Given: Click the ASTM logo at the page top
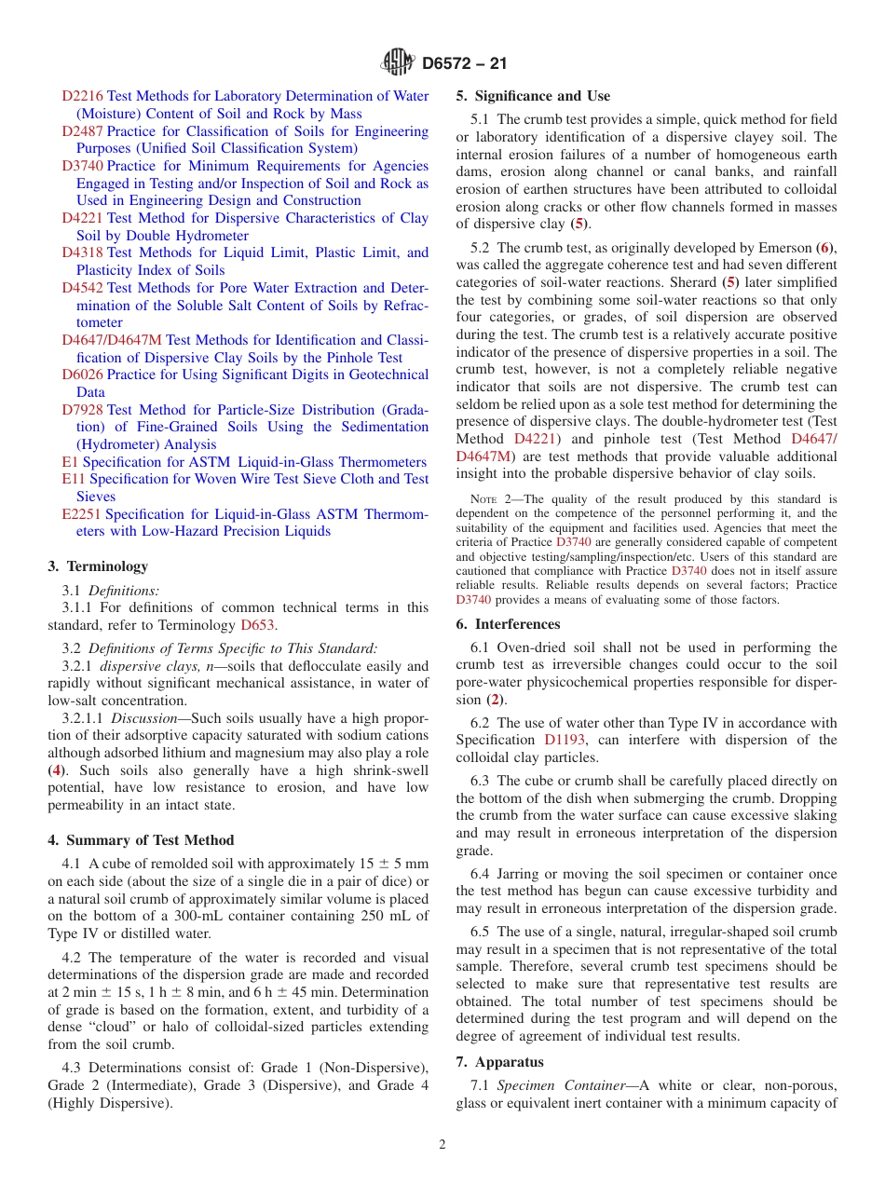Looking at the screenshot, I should [399, 63].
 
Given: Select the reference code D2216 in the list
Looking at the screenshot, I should [83, 96].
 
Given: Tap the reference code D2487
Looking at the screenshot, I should [83, 131].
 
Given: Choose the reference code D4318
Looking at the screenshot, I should [83, 252].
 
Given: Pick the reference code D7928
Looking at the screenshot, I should [83, 410].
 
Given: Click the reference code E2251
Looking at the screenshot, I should [82, 514].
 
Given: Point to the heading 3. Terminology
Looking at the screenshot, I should [98, 566].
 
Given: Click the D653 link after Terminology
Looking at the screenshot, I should [258, 625].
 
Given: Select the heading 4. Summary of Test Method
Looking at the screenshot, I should [141, 840].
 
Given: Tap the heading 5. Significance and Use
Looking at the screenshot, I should [533, 96].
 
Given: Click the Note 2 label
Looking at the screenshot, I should [490, 499].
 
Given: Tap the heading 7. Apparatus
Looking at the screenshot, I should [499, 1062].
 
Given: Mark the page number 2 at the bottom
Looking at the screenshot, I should [442, 1145].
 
